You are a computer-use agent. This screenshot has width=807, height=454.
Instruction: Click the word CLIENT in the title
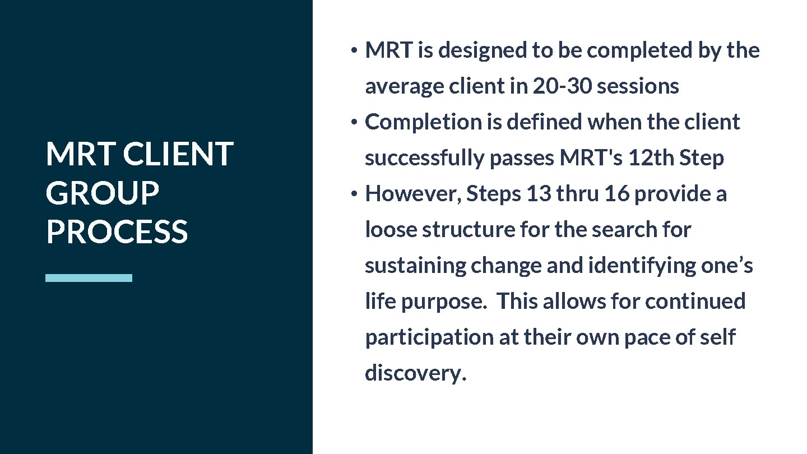click(x=178, y=154)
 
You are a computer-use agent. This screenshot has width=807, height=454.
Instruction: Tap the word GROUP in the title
click(x=102, y=193)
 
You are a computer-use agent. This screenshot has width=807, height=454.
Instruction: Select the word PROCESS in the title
click(x=117, y=231)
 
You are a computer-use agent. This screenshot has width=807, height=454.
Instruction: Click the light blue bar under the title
click(x=89, y=277)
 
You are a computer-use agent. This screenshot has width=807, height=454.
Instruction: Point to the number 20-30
click(x=562, y=86)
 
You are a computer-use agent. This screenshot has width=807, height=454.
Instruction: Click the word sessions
click(x=638, y=86)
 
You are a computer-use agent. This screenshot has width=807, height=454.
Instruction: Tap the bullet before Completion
click(x=353, y=123)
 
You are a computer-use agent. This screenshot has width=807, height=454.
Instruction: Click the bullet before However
click(x=353, y=194)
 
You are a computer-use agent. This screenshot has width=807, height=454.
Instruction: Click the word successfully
click(x=425, y=158)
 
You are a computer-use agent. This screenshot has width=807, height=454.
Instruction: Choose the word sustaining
click(x=415, y=266)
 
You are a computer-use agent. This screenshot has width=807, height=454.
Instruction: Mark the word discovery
click(x=415, y=373)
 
